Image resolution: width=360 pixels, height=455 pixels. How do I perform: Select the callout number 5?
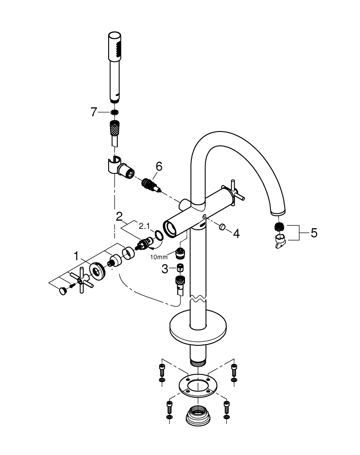tap(314, 233)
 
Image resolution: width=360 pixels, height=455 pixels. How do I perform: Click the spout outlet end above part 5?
tap(278, 212)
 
